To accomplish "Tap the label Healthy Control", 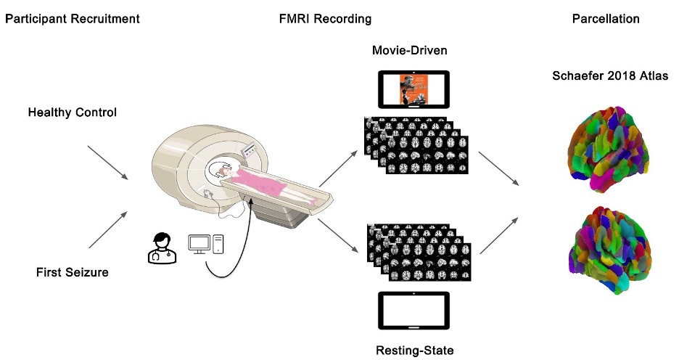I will [x=72, y=112].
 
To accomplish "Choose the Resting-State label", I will [x=414, y=351].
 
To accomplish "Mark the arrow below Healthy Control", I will [x=107, y=162].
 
